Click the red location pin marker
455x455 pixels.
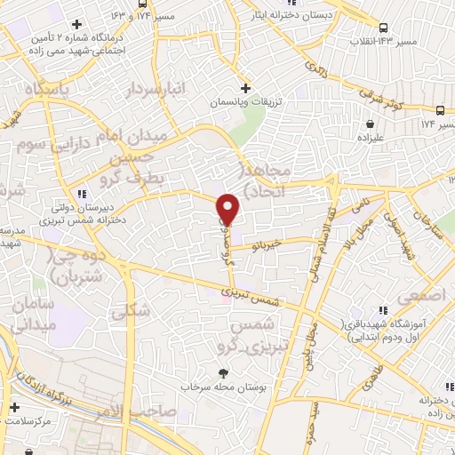[227, 208]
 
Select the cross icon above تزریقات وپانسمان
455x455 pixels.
[246, 88]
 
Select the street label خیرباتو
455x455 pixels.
[266, 242]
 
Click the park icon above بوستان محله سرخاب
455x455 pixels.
[223, 373]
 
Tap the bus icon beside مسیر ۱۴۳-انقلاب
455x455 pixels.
[383, 27]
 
